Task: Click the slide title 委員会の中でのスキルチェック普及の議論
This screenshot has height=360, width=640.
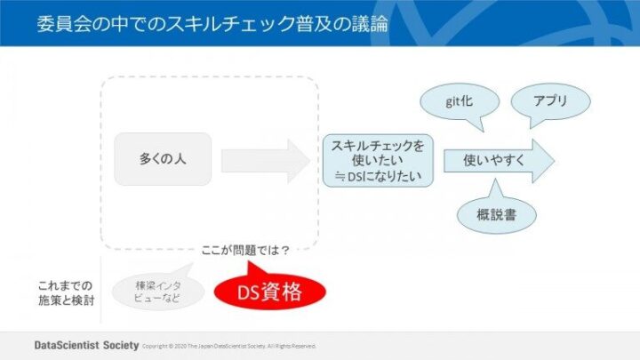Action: tap(213, 22)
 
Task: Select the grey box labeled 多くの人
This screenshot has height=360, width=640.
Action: tap(163, 159)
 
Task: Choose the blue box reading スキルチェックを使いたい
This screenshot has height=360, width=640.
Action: tap(378, 161)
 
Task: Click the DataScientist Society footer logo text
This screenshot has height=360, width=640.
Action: tap(85, 345)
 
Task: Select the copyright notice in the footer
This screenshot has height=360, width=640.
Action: tap(229, 346)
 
